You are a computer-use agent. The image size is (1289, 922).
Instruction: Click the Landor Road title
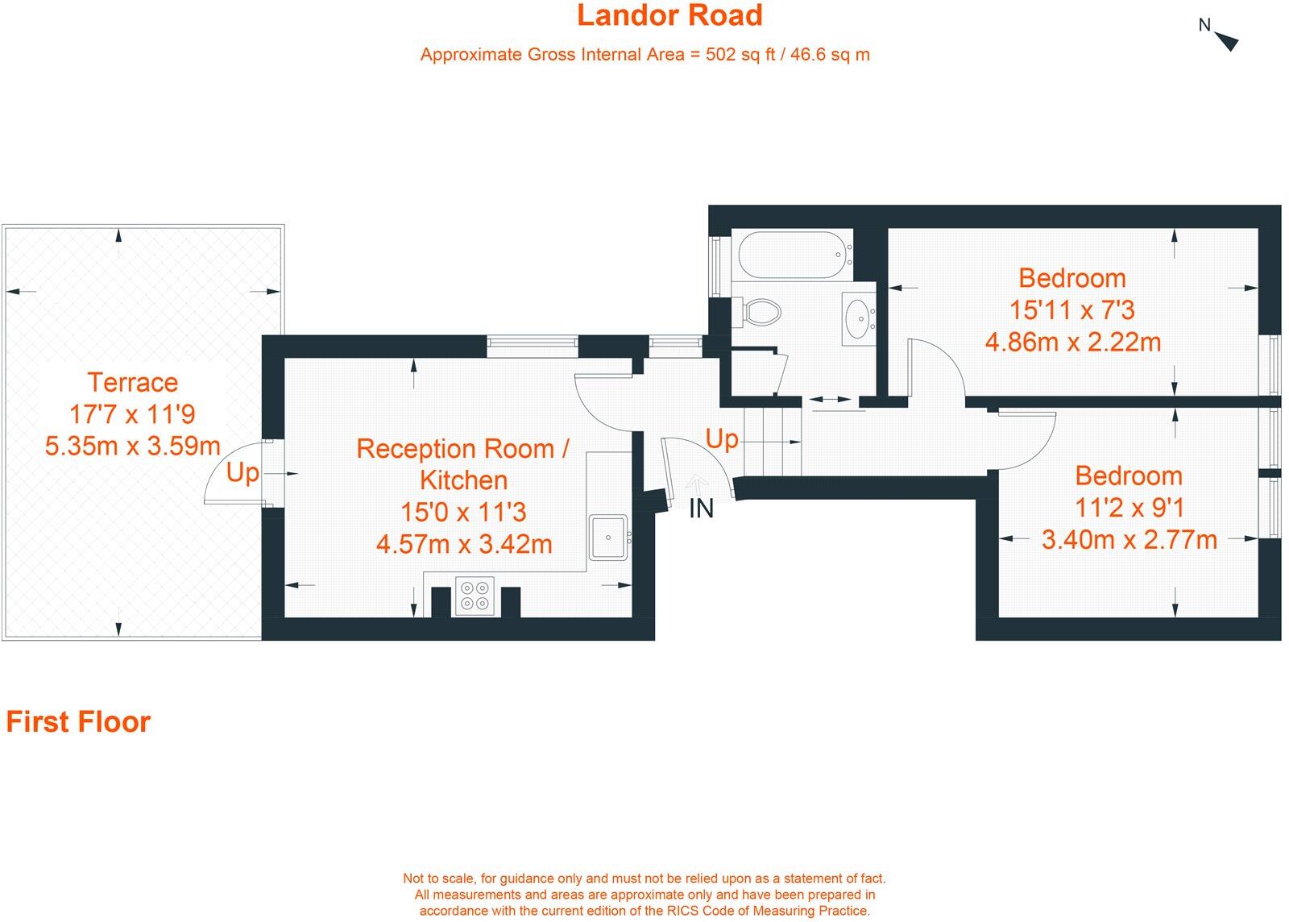669,15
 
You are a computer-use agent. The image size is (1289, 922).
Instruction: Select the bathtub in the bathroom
794,255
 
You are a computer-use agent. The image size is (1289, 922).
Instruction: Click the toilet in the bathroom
760,311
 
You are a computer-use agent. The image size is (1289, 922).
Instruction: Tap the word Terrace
132,382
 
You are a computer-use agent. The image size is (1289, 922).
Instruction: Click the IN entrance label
701,509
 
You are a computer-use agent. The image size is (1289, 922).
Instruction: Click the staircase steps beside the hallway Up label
772,442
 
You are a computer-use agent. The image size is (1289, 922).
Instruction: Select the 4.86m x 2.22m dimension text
1072,343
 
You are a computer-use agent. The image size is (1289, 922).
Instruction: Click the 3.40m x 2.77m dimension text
1129,539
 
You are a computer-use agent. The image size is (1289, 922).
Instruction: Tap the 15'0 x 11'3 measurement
463,512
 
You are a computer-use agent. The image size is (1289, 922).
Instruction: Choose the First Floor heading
78,721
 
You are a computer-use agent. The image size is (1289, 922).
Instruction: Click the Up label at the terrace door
242,472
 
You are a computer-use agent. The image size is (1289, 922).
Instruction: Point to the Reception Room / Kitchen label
463,463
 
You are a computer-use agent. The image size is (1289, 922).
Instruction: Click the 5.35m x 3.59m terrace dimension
132,446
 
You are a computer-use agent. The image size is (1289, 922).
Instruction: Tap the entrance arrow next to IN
697,484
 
